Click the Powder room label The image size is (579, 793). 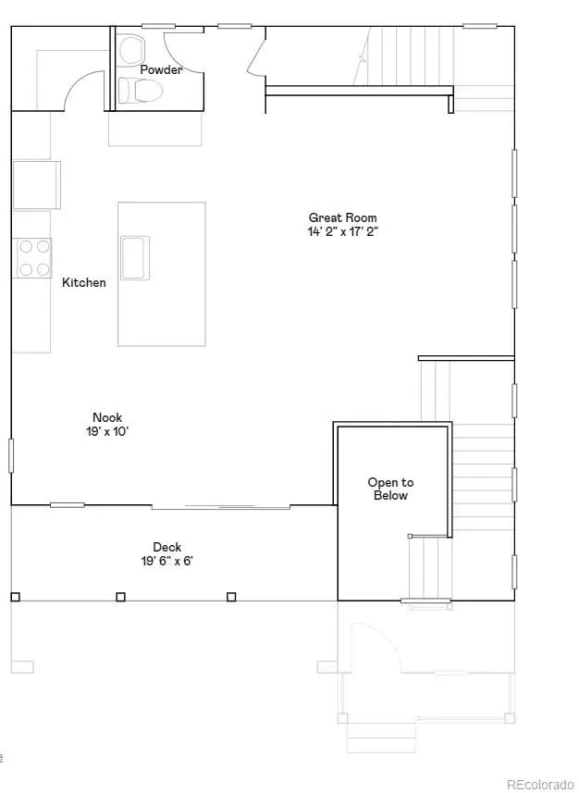coord(161,69)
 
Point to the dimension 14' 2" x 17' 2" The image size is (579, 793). coord(343,232)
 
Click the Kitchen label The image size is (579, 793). coord(84,282)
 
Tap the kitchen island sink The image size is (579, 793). coord(135,255)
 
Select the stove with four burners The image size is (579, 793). coord(33,258)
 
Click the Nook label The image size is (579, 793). coord(107,417)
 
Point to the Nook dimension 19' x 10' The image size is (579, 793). coord(107,431)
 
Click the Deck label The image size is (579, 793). coord(166,547)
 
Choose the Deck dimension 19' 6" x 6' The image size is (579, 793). coord(166,561)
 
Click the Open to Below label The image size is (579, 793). coord(390,489)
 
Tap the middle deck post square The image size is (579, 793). coord(121,597)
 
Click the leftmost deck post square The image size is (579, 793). coord(15,597)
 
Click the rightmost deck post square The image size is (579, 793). coord(231,597)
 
